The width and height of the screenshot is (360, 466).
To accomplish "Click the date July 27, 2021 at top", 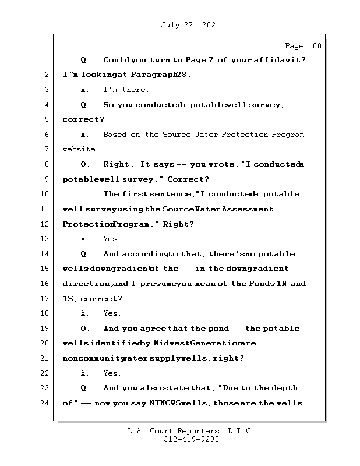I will pos(189,25).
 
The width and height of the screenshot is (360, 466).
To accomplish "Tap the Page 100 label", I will pos(302,46).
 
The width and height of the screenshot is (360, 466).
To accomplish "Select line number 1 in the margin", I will pos(45,60).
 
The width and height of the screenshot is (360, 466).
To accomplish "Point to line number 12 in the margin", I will pos(45,224).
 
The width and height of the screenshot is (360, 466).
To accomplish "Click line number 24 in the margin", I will pos(45,403).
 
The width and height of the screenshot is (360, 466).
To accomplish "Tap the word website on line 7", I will pos(80,150).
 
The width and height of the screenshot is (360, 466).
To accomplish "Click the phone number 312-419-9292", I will pos(192,440).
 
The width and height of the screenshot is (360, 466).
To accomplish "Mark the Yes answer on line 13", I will pos(112,239).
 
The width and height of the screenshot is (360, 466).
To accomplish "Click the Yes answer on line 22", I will pos(112,373).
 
